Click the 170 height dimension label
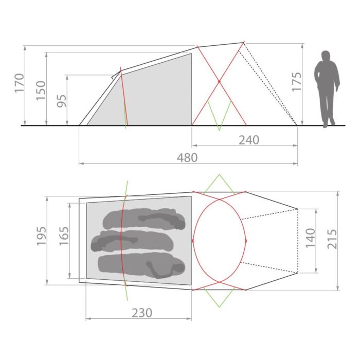click(x=20, y=83)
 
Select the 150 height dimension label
click(x=41, y=91)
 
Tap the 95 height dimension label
click(x=62, y=101)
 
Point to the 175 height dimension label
click(x=297, y=82)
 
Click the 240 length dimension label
click(x=249, y=140)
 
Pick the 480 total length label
click(x=187, y=158)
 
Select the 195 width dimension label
click(x=42, y=236)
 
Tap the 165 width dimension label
click(x=64, y=236)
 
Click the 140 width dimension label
click(x=311, y=238)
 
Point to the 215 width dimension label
click(x=332, y=239)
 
